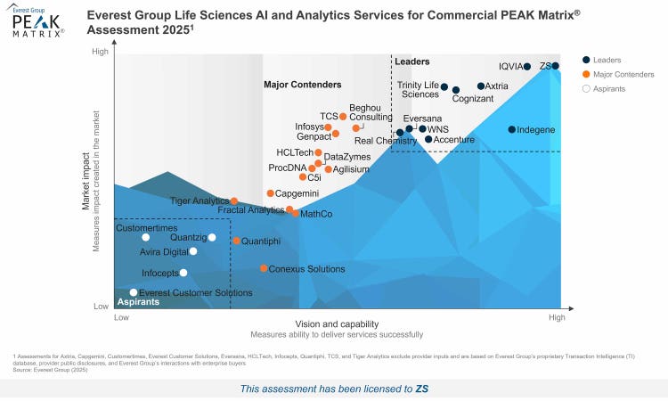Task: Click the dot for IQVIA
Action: point(526,67)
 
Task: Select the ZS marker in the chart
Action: point(555,66)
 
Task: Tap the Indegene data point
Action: point(512,129)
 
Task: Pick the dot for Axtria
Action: point(481,86)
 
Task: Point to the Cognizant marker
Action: point(456,90)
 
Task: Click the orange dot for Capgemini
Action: point(271,193)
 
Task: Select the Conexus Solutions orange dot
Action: point(264,268)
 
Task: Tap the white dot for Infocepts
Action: point(183,273)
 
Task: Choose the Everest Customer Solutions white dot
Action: point(134,292)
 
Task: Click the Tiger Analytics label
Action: point(200,201)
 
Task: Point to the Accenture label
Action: point(453,140)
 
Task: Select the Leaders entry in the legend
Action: point(607,60)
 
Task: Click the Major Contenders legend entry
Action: point(618,74)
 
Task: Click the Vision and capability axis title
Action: point(337,323)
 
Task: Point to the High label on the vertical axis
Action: point(101,52)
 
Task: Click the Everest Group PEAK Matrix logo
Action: point(37,20)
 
